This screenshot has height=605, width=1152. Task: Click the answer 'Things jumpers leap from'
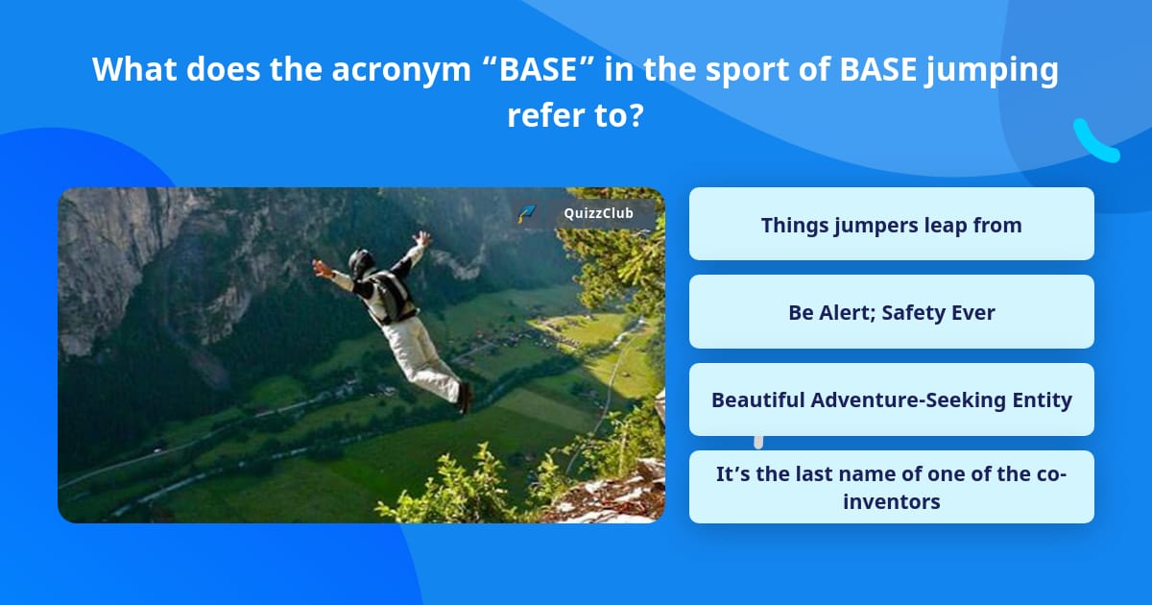[x=891, y=224]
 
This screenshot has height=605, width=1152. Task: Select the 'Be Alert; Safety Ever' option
[x=891, y=312]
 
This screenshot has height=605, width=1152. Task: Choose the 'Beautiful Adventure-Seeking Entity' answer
[x=891, y=399]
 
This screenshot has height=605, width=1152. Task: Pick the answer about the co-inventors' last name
[x=891, y=487]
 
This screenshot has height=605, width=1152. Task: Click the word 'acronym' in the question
[x=401, y=69]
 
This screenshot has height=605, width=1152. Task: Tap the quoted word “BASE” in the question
[x=539, y=68]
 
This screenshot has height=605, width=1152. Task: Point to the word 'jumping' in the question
[x=992, y=70]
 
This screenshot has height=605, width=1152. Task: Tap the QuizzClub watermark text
[x=598, y=213]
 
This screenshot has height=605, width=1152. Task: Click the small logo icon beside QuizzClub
[x=527, y=213]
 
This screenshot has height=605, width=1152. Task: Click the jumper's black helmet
[x=361, y=262]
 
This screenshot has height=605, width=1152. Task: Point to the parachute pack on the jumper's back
[x=394, y=296]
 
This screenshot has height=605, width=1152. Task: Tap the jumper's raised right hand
[x=422, y=239]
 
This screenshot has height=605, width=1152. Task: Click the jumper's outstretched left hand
[x=322, y=267]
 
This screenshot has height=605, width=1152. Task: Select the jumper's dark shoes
[x=465, y=398]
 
